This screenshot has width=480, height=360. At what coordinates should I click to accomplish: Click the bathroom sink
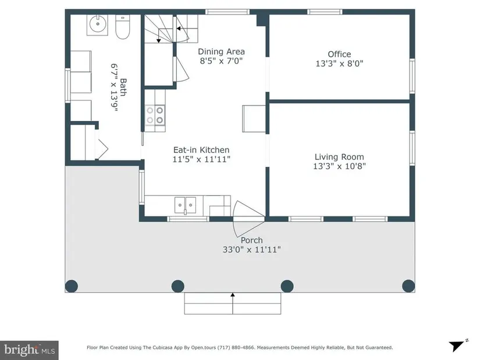tap(98, 25)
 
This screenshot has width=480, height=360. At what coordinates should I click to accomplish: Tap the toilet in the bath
tap(123, 27)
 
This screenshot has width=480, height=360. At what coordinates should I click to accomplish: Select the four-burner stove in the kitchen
tap(155, 115)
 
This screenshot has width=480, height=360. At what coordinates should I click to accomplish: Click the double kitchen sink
tap(185, 205)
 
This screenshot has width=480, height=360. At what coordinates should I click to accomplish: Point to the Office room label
tap(339, 54)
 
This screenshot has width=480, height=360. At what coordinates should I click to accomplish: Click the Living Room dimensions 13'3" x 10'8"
tap(339, 166)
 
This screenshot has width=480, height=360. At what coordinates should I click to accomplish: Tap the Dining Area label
tap(221, 51)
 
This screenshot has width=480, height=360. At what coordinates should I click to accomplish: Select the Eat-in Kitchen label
tap(201, 149)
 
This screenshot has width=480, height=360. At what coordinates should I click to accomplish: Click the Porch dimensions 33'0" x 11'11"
tap(251, 250)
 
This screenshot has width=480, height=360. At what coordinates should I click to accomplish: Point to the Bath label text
tap(123, 87)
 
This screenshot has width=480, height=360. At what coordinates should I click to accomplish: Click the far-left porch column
tap(72, 286)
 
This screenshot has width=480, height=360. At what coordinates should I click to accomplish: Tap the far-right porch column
tap(408, 286)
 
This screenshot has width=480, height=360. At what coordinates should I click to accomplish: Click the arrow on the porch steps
tap(233, 304)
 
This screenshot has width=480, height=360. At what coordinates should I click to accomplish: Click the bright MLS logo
tap(30, 350)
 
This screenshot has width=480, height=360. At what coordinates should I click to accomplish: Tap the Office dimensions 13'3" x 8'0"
tap(339, 63)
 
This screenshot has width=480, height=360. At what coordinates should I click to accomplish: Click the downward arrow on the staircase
tap(159, 35)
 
